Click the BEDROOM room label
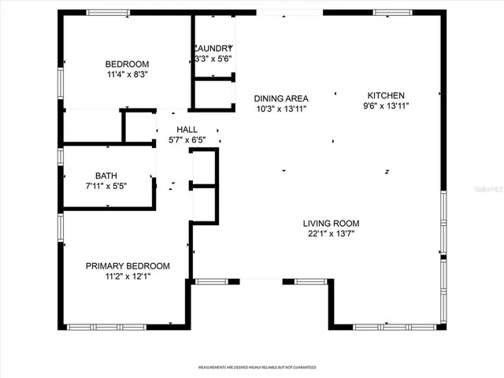pos(127,64)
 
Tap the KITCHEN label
pos(386,94)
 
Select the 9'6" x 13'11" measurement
pos(386,105)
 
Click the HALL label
pos(187,129)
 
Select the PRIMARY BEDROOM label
pos(128,265)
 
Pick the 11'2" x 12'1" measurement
pos(128,276)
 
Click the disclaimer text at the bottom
pos(252,368)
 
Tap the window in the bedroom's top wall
pos(108,12)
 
